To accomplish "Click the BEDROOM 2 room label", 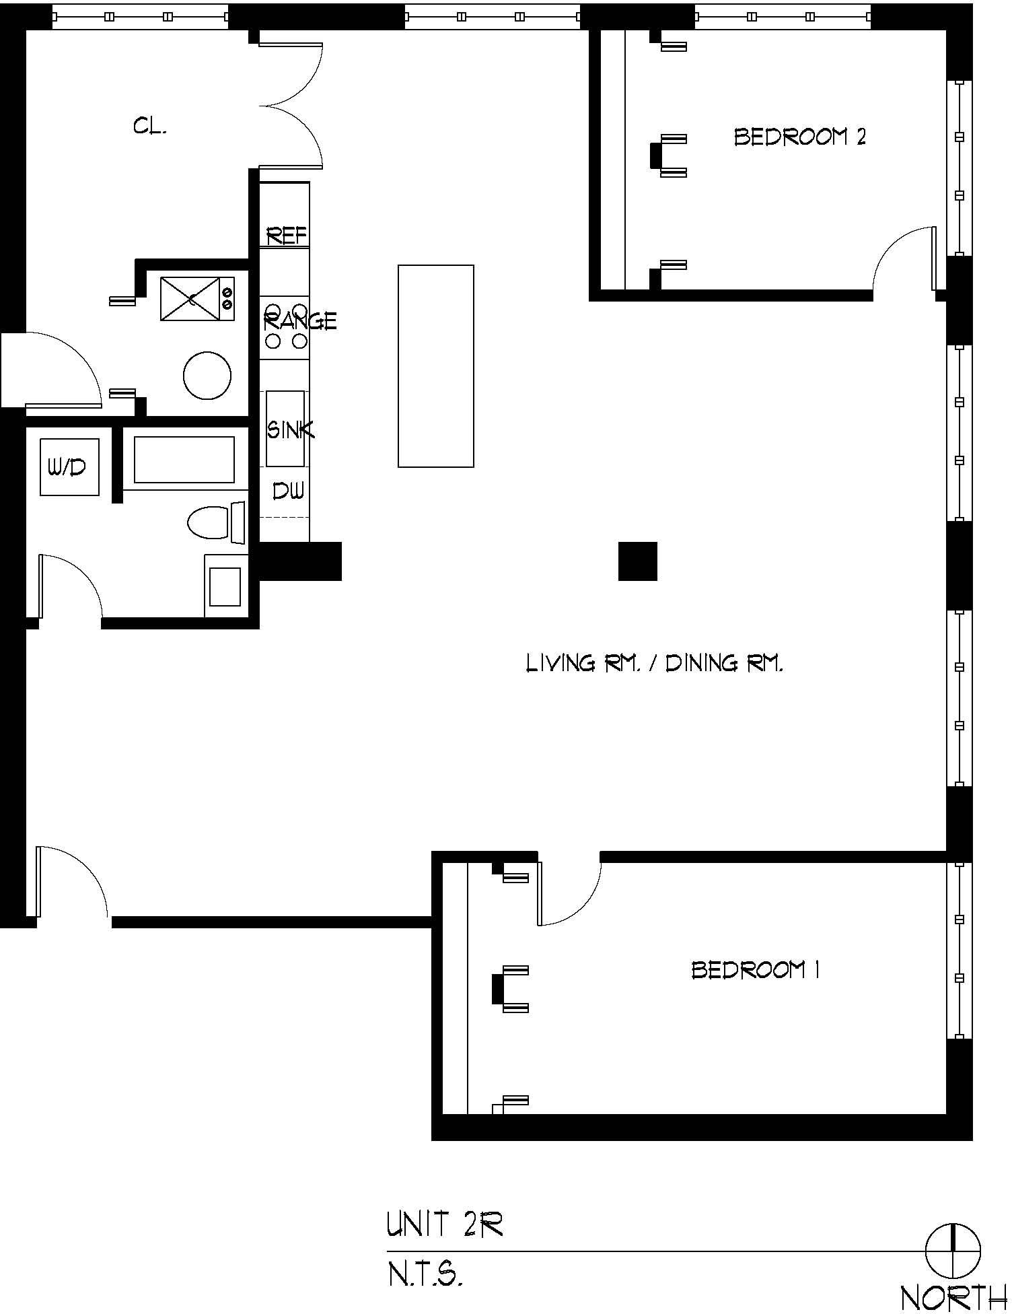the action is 799,137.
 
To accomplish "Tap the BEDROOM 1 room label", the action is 756,970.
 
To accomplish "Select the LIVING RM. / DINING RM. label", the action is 654,664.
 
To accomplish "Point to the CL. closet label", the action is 149,126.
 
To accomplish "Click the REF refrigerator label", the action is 287,236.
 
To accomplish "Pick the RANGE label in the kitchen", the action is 299,321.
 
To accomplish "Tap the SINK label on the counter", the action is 291,429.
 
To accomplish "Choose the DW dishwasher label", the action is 288,491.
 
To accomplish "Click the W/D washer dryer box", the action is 69,467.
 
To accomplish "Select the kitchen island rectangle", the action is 436,366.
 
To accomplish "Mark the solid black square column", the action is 638,561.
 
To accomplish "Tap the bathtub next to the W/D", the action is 184,460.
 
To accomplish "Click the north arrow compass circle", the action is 953,1251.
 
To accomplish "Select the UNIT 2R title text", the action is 445,1224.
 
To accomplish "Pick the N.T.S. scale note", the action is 425,1274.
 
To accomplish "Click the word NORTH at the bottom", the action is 954,1296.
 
